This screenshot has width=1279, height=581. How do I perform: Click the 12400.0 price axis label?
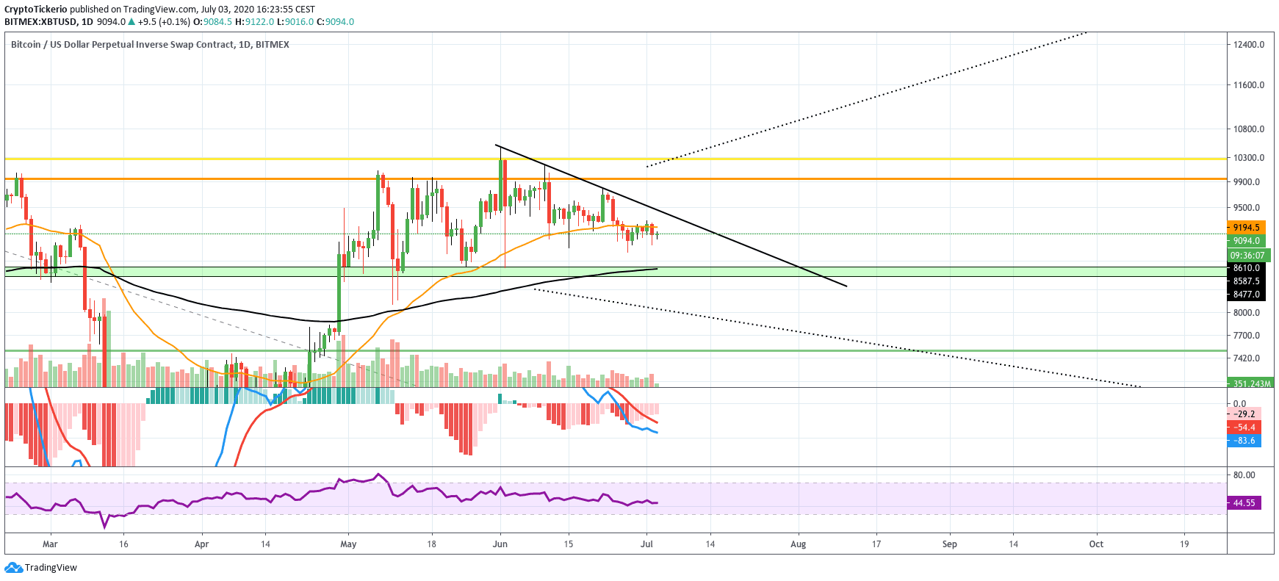1248,45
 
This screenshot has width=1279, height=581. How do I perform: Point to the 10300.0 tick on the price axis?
1248,158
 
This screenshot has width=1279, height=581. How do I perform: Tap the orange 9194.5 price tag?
1246,228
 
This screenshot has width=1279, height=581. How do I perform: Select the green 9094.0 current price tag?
1246,241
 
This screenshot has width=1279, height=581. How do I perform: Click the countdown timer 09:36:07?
1247,256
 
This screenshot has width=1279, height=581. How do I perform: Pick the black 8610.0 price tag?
1246,268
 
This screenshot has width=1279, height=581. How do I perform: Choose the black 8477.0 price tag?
1246,295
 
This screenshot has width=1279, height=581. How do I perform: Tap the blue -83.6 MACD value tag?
1244,441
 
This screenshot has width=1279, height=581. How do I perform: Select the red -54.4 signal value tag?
1244,427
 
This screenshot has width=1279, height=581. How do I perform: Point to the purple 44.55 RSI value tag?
1244,503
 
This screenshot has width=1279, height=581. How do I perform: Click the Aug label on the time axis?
798,544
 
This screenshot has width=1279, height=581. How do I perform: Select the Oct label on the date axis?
1096,544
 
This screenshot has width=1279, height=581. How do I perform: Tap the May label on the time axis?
348,544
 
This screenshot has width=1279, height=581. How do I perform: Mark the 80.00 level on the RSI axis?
1244,475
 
